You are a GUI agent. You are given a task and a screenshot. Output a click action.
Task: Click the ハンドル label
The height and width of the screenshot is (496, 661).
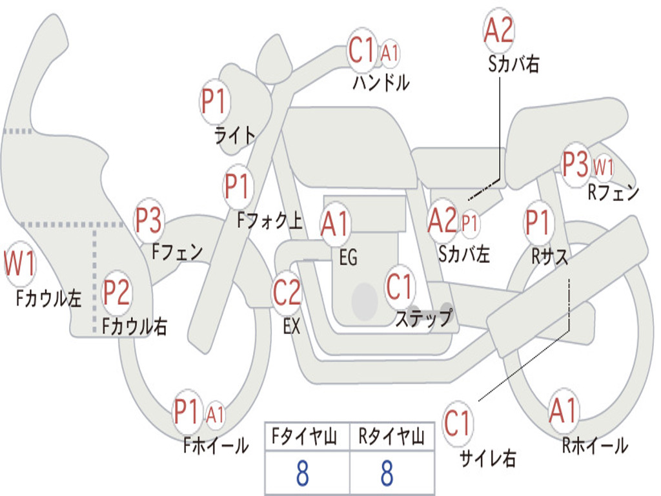(381, 83)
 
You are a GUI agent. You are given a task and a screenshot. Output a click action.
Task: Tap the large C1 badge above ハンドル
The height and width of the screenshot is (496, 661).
(361, 50)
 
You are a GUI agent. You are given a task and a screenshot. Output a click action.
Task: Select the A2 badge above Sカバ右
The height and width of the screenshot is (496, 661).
(499, 30)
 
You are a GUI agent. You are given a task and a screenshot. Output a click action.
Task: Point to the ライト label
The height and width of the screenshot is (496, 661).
(235, 136)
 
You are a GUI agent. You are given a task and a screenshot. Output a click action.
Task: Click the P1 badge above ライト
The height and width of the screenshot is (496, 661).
(215, 101)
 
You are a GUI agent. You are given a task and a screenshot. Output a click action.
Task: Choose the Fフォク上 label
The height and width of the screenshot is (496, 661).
(270, 220)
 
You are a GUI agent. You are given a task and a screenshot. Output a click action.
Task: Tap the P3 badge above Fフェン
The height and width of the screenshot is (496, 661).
(149, 220)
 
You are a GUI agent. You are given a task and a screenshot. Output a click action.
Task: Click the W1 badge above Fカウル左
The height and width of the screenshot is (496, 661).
(20, 263)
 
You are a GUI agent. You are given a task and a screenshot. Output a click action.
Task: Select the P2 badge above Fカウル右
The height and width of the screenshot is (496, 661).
(116, 293)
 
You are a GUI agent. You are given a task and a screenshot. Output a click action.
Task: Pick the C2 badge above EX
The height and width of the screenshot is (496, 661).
(287, 293)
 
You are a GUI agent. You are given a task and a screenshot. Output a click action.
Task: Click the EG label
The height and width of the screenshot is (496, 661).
(348, 257)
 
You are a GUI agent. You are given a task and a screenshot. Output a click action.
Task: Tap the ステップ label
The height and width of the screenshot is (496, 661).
(424, 317)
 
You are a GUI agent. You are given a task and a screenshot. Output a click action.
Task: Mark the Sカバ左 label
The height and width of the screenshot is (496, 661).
(463, 254)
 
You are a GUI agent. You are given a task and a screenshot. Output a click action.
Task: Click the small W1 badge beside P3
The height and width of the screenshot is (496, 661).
(604, 167)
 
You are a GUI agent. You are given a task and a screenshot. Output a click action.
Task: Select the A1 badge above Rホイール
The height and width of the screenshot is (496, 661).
(563, 410)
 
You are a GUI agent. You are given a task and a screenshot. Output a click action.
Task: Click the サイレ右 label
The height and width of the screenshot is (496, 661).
(488, 458)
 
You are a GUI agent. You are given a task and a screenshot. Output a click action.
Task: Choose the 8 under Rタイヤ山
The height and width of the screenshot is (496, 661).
(387, 473)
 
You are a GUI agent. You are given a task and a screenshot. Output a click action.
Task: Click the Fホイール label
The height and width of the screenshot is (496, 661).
(216, 446)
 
